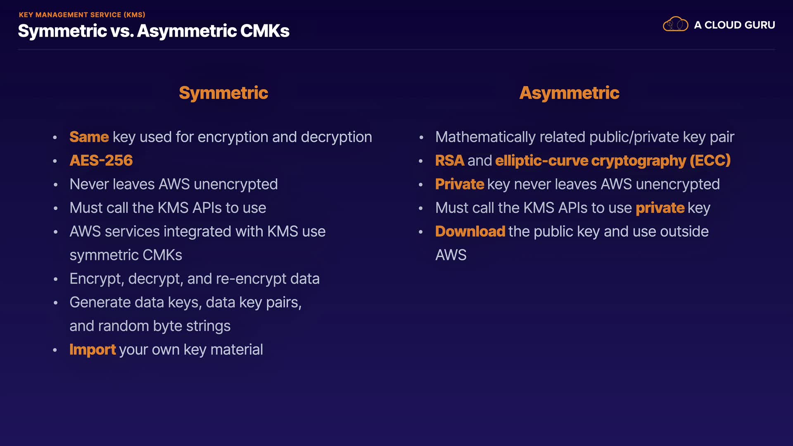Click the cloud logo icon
[675, 24]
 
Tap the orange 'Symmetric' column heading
[223, 93]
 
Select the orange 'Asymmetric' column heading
[569, 93]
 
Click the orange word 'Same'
[89, 137]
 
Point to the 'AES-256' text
[101, 161]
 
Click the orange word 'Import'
[93, 350]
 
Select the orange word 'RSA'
[450, 161]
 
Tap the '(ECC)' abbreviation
[710, 161]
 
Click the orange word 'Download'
[470, 232]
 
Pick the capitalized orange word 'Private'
[459, 184]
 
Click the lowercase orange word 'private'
[660, 208]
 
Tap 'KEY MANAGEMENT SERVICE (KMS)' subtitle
[82, 15]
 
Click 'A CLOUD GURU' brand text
[734, 25]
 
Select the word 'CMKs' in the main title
[265, 31]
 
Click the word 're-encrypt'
[251, 279]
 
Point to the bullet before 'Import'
[55, 350]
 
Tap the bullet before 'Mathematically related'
[421, 138]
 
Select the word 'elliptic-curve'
[541, 161]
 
